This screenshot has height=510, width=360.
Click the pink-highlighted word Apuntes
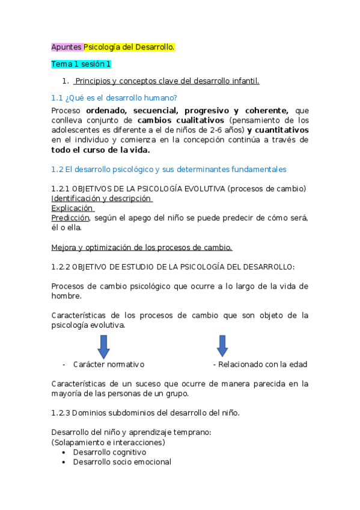66,46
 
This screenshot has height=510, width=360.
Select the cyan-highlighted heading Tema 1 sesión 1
81,64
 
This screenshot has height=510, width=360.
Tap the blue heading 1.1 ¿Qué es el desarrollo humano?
114,97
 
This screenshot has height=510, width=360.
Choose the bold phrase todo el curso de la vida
100,150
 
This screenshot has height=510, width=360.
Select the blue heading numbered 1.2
169,169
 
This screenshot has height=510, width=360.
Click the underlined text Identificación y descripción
101,198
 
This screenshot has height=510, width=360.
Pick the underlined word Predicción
70,218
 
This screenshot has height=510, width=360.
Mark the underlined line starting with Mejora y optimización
142,247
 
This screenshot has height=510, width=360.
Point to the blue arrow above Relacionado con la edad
222,345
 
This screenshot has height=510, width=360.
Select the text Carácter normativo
109,364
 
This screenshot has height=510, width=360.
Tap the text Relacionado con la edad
263,364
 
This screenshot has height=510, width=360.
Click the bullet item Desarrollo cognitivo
109,452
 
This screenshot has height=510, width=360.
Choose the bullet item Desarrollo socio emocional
122,462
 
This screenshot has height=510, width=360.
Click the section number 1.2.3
63,413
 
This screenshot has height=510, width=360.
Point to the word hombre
66,296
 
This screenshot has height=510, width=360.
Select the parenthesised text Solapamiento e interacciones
108,443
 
